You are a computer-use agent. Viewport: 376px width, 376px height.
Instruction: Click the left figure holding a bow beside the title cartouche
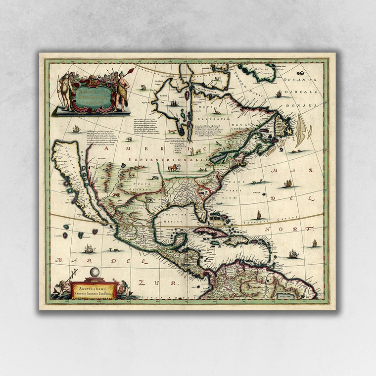(64, 91)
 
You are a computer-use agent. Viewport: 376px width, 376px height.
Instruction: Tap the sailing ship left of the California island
(76, 129)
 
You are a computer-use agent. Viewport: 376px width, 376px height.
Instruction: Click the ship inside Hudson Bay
(174, 103)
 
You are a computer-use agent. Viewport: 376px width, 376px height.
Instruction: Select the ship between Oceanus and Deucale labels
(279, 94)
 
